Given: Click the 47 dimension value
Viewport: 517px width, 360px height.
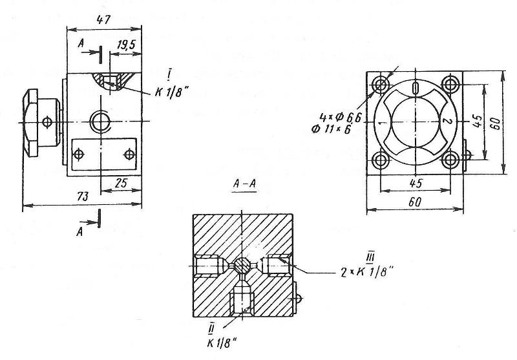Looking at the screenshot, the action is (x=103, y=20).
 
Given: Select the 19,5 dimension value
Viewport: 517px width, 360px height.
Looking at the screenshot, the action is (x=126, y=45).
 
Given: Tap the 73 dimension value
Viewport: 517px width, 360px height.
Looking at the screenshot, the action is (x=83, y=197).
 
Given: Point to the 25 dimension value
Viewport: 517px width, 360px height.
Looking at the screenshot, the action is (x=121, y=183).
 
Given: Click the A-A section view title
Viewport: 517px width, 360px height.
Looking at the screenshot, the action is (x=244, y=184).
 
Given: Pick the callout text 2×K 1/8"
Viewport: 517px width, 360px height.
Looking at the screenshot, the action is (x=367, y=272).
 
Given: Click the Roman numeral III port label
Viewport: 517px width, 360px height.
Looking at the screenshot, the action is (x=370, y=257).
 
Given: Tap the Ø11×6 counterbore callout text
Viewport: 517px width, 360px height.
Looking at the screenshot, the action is (x=331, y=129).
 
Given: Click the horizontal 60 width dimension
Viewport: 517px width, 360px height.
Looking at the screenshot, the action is (x=415, y=202).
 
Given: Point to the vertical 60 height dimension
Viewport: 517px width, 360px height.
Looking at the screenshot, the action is (x=497, y=123).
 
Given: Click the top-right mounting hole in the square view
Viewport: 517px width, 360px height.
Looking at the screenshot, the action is (x=449, y=85).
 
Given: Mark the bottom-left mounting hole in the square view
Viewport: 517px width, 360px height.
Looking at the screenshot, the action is (x=381, y=161).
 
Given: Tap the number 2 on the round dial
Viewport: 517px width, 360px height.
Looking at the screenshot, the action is (x=447, y=122).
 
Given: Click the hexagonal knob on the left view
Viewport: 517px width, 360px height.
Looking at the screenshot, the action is (x=30, y=123).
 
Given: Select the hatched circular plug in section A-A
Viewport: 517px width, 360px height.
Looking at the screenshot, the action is (x=243, y=266).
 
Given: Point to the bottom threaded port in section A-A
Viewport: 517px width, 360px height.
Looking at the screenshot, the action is (x=243, y=301).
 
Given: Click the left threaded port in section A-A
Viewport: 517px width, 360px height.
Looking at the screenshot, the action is (x=207, y=266).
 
